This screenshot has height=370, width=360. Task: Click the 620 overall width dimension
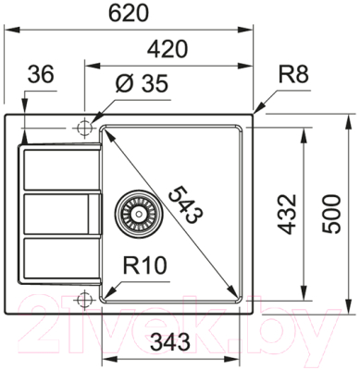130,14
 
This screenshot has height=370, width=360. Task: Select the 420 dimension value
168,49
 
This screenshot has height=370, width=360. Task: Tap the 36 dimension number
41,74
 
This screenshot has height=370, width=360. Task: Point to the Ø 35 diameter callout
142,83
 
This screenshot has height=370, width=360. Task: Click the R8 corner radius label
293,74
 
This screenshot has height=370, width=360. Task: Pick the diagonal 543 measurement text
183,204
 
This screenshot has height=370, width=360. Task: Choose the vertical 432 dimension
287,215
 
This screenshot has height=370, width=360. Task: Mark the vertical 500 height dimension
331,214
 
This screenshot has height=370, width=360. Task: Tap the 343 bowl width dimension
169,342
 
